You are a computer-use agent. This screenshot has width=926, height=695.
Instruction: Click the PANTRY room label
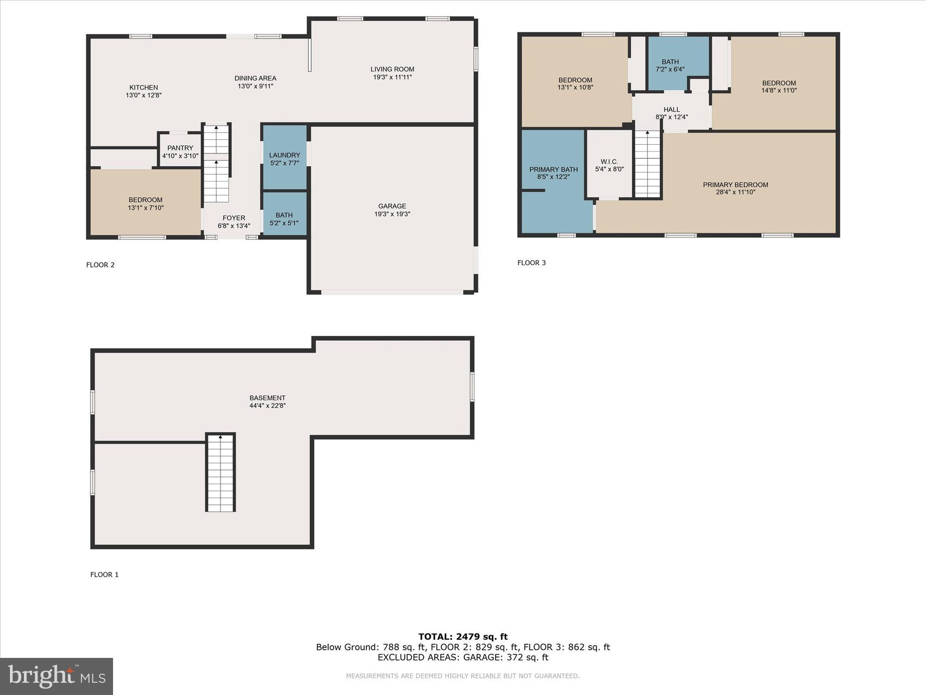(x=180, y=148)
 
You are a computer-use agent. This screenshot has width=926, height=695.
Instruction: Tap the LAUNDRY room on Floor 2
(x=284, y=158)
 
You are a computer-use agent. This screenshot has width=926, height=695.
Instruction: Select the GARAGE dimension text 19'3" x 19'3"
(x=392, y=214)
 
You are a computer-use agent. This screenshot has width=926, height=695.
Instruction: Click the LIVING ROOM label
(x=392, y=69)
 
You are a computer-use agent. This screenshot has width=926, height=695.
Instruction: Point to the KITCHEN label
(x=143, y=87)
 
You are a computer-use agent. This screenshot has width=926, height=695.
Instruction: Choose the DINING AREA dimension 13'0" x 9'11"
(x=255, y=86)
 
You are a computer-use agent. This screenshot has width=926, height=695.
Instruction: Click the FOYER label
(x=234, y=218)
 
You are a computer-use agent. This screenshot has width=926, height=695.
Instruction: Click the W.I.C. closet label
(x=609, y=162)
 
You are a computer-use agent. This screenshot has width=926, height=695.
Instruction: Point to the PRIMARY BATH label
(x=553, y=170)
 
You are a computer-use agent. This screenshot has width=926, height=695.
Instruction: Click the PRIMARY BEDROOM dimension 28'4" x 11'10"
(x=735, y=192)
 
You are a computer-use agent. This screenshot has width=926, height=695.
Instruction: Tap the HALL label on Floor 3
(x=671, y=109)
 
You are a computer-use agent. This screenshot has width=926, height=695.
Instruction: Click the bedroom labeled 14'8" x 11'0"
(x=779, y=86)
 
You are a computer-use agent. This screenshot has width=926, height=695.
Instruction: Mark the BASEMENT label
(x=267, y=398)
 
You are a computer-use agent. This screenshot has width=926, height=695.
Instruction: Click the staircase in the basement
(x=221, y=473)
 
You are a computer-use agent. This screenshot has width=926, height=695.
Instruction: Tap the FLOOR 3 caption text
(x=531, y=263)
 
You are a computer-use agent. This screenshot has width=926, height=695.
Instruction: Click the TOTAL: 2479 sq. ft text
(x=463, y=637)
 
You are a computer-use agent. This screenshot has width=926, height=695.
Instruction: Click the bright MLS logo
(x=57, y=676)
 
